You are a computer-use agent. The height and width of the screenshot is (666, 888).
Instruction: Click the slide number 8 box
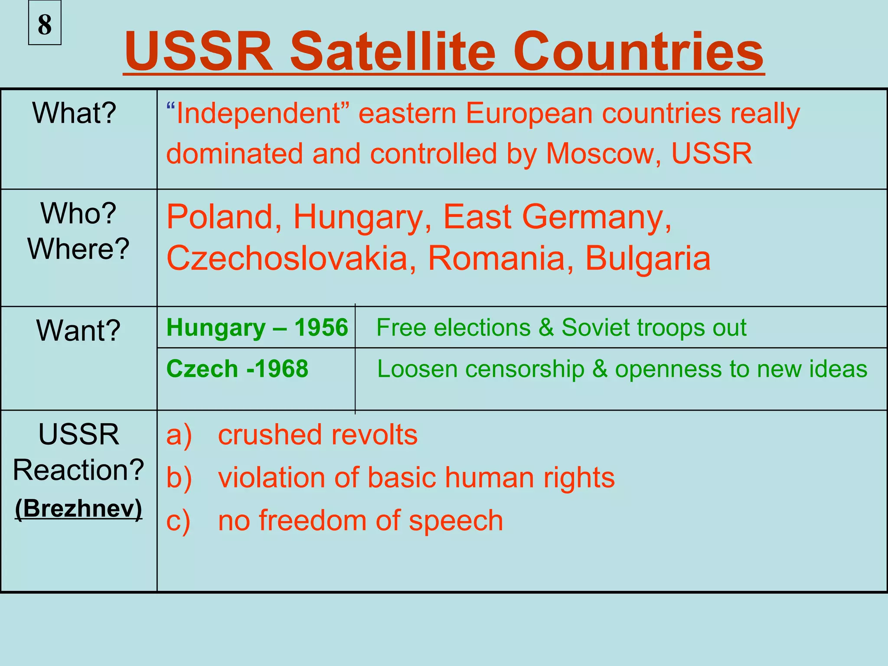[x=45, y=23]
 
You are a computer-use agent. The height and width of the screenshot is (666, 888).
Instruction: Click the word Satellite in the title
[x=393, y=52]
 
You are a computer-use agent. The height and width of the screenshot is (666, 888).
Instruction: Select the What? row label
[x=74, y=113]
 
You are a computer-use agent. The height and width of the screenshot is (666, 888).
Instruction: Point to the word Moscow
[x=603, y=153]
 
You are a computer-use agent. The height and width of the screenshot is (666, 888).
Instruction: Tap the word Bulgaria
[x=648, y=258]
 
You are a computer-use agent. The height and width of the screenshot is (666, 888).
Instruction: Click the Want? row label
[x=78, y=330]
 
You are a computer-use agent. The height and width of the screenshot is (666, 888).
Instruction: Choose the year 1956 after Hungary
[x=321, y=327]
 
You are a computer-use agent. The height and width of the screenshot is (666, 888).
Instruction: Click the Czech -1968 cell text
[x=237, y=369]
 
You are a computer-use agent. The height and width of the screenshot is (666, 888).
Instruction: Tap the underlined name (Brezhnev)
[x=78, y=508]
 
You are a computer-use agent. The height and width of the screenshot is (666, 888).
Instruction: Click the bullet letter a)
[x=179, y=435]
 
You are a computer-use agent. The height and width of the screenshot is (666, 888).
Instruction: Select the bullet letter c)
[x=178, y=521]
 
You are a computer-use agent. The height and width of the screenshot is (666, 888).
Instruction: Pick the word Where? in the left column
[x=78, y=249]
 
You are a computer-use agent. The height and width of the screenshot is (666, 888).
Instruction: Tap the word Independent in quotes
[x=258, y=114]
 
